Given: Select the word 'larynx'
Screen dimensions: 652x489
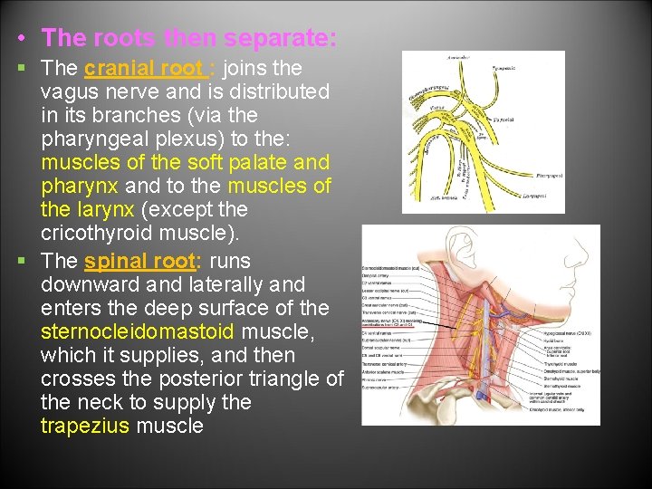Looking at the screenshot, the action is click(105, 210).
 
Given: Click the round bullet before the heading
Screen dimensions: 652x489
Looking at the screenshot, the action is click(21, 40).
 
